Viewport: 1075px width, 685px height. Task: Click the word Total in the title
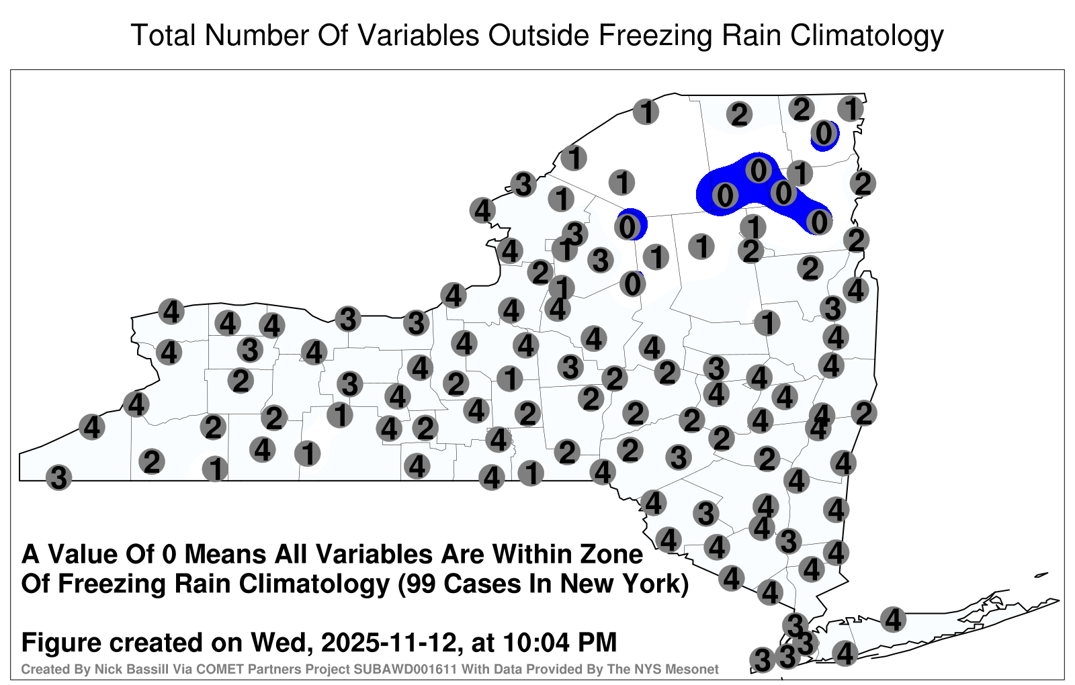coord(163,35)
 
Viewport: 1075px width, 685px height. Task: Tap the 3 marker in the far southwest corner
coord(58,477)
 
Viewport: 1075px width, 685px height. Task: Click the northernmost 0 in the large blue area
coord(759,171)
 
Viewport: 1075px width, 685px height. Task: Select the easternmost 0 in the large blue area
coord(819,222)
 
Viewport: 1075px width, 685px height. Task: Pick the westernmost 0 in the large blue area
coord(725,195)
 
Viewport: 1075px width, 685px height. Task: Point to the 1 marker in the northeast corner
coord(851,109)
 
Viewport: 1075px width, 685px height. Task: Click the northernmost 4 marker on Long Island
coord(893,619)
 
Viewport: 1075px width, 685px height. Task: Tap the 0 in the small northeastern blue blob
coord(824,133)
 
